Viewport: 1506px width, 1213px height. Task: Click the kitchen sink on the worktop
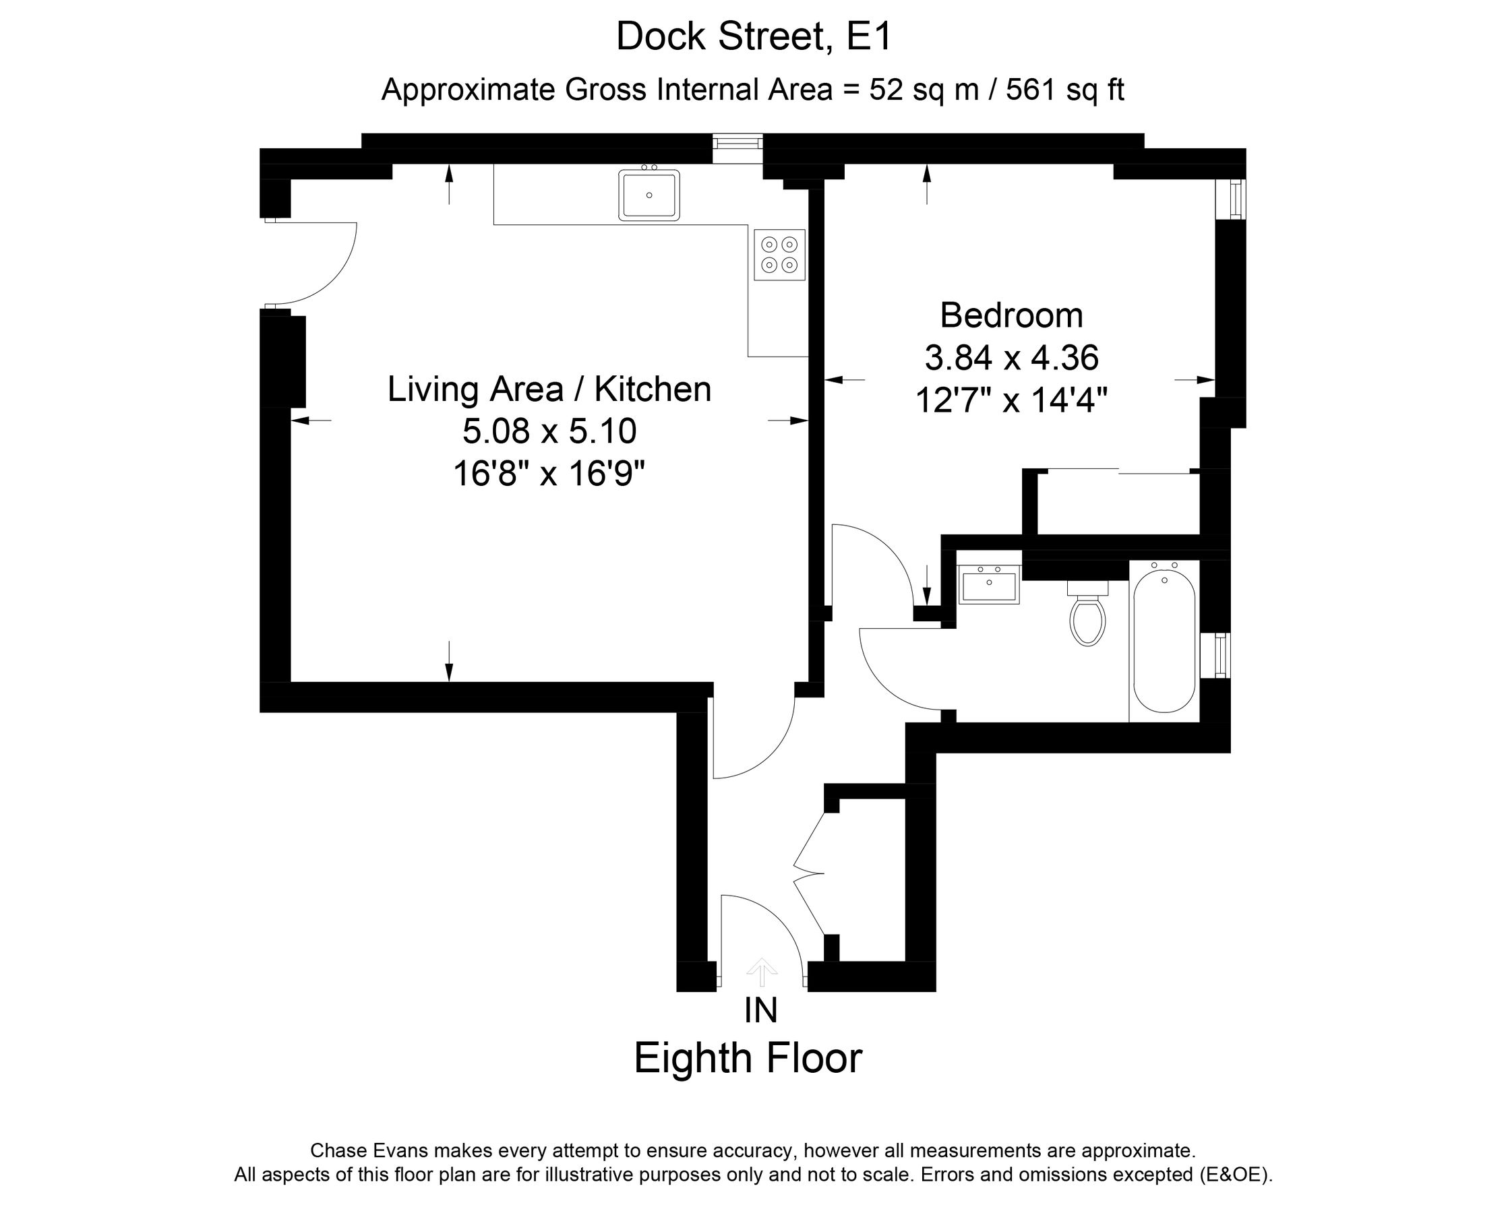(649, 195)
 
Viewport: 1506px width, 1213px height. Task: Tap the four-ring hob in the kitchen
(779, 255)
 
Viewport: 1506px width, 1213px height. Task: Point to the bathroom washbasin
(989, 584)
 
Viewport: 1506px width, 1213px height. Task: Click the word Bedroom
(1011, 315)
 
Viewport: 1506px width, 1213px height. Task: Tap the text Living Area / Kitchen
(549, 390)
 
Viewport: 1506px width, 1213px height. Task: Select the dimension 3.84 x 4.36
(1011, 358)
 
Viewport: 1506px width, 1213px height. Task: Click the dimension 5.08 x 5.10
(549, 431)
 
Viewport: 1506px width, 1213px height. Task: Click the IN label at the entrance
(761, 1011)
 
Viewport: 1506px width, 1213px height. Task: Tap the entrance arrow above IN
(762, 972)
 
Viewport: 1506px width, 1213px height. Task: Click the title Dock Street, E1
(754, 36)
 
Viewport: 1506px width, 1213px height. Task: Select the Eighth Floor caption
(748, 1059)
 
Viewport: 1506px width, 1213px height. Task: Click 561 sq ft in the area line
(1064, 90)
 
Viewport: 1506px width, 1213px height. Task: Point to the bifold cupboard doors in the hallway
(809, 873)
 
